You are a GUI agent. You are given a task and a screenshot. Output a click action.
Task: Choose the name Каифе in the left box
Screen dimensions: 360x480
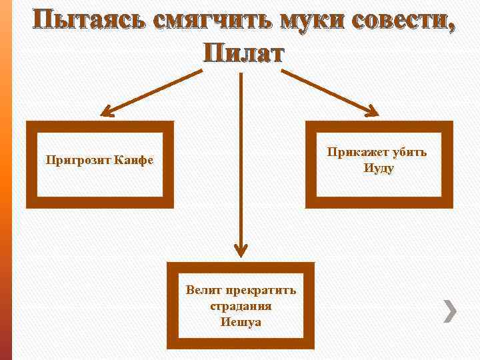tap(133, 161)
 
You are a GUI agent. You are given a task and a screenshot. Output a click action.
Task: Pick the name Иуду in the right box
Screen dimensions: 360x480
tap(379, 168)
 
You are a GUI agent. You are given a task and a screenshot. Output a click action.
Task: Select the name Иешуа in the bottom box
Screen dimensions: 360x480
tap(241, 322)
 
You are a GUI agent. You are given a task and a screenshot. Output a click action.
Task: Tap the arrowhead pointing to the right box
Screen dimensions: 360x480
tap(370, 109)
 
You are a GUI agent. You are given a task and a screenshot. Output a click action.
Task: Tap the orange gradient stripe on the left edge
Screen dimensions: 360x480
tap(6, 180)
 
